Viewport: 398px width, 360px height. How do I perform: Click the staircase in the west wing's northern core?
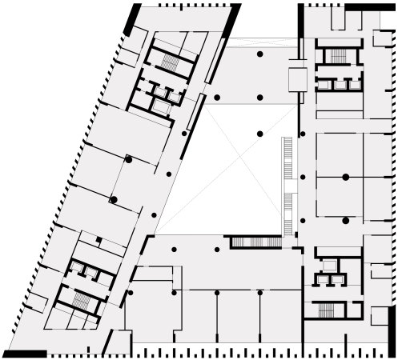169,61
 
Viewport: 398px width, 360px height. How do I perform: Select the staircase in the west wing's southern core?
82,302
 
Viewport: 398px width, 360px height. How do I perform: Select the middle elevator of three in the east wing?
340,84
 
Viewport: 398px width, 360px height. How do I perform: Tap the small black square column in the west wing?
98,239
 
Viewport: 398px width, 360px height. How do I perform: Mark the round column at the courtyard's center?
259,133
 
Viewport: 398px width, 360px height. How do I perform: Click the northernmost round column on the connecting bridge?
259,54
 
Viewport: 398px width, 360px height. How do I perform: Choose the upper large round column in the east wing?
345,176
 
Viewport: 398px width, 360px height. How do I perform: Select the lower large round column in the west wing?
114,198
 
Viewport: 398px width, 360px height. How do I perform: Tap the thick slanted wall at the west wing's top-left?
131,20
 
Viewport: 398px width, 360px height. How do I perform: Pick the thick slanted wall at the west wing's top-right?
231,21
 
